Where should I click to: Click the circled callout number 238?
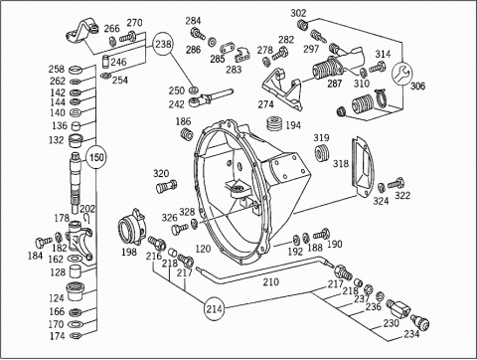click(163, 45)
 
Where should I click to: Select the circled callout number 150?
click(96, 157)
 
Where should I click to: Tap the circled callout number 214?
click(214, 309)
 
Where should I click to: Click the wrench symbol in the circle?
click(401, 75)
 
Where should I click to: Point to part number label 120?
click(203, 249)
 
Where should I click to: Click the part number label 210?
click(271, 282)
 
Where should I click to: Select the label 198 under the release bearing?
click(129, 252)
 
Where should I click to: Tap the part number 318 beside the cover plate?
click(341, 163)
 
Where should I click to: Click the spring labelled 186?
click(188, 134)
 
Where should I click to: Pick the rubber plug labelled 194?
click(274, 123)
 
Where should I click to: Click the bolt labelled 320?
click(166, 186)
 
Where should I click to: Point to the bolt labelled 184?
click(44, 242)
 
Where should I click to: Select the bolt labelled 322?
click(397, 183)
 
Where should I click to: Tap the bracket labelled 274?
click(282, 88)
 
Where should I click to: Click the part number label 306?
click(417, 87)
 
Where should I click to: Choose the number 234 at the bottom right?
click(411, 334)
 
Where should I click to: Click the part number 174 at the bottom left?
click(57, 336)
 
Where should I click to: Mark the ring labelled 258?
click(76, 70)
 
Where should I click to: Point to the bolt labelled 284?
click(198, 33)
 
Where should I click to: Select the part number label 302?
click(298, 13)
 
